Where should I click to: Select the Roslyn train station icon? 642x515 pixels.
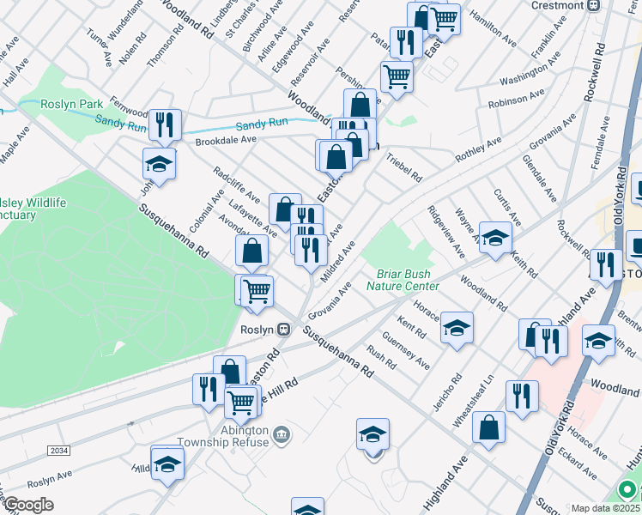click(x=282, y=329)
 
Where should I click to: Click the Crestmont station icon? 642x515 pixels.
click(x=593, y=5)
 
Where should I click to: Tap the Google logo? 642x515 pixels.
click(x=28, y=505)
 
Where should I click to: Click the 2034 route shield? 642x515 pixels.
click(x=59, y=450)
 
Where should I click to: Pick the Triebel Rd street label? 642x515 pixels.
click(x=403, y=167)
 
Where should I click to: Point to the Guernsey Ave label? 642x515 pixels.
click(x=405, y=351)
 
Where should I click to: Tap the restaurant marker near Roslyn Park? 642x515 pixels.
click(x=163, y=124)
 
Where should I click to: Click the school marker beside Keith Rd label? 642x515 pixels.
click(x=495, y=239)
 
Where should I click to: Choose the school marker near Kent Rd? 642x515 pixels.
click(x=457, y=327)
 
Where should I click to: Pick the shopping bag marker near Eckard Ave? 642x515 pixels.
click(x=488, y=429)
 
